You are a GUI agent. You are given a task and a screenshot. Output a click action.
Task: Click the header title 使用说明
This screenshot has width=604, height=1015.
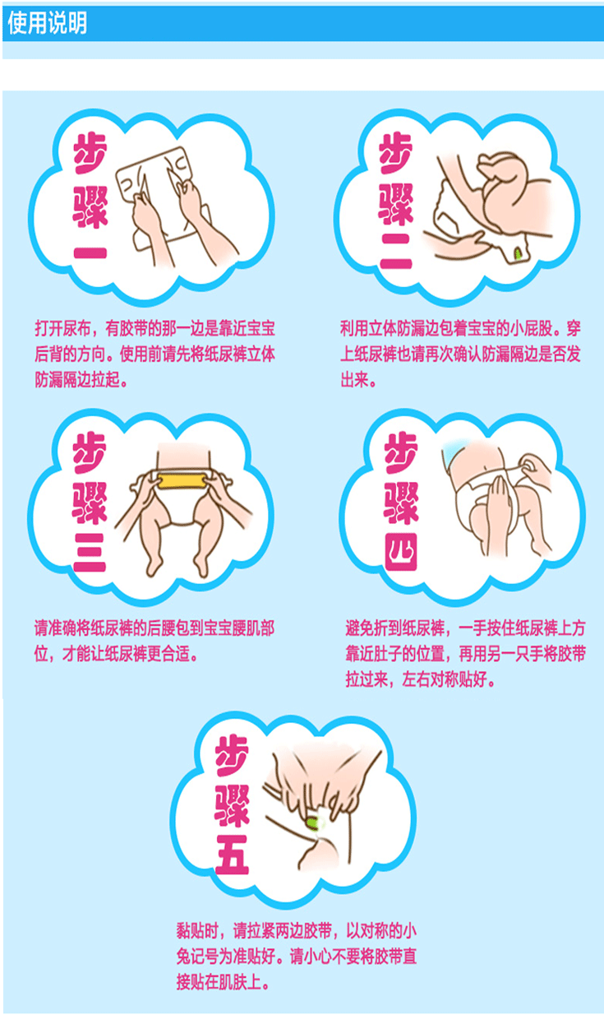47,23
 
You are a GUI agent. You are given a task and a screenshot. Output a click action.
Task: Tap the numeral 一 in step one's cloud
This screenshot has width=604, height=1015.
90,253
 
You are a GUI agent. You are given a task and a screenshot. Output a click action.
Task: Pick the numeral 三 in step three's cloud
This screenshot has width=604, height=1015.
90,553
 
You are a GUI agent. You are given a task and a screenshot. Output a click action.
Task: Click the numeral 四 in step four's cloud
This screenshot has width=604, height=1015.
401,552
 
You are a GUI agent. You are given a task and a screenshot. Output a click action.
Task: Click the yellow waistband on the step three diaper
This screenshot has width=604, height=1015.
182,480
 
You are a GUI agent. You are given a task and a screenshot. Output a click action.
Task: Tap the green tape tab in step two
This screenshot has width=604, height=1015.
518,253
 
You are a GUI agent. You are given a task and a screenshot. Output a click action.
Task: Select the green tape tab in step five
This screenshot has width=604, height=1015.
314,822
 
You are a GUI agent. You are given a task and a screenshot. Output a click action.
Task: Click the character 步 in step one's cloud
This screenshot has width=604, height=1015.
90,154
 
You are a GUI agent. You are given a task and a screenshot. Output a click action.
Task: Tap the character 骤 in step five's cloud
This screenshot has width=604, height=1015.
232,806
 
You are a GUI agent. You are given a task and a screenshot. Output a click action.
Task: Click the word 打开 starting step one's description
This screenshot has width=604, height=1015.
49,328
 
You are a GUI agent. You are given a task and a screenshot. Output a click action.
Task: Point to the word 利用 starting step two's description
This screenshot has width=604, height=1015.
354,328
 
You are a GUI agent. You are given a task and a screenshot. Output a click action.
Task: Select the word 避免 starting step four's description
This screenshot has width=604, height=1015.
359,628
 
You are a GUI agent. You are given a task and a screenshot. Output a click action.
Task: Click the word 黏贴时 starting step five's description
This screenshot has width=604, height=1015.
197,930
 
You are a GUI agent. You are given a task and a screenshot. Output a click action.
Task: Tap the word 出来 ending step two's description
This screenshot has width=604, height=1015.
354,380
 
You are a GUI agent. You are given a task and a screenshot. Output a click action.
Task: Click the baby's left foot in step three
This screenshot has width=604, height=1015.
202,567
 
